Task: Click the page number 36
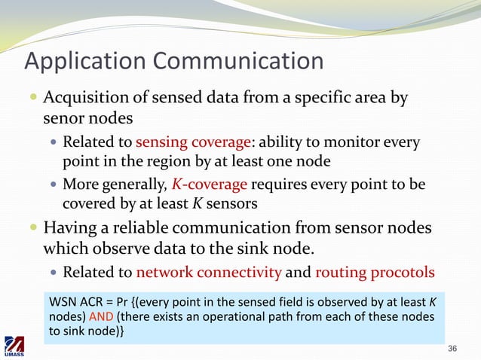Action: coord(452,348)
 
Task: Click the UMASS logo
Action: coord(15,346)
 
